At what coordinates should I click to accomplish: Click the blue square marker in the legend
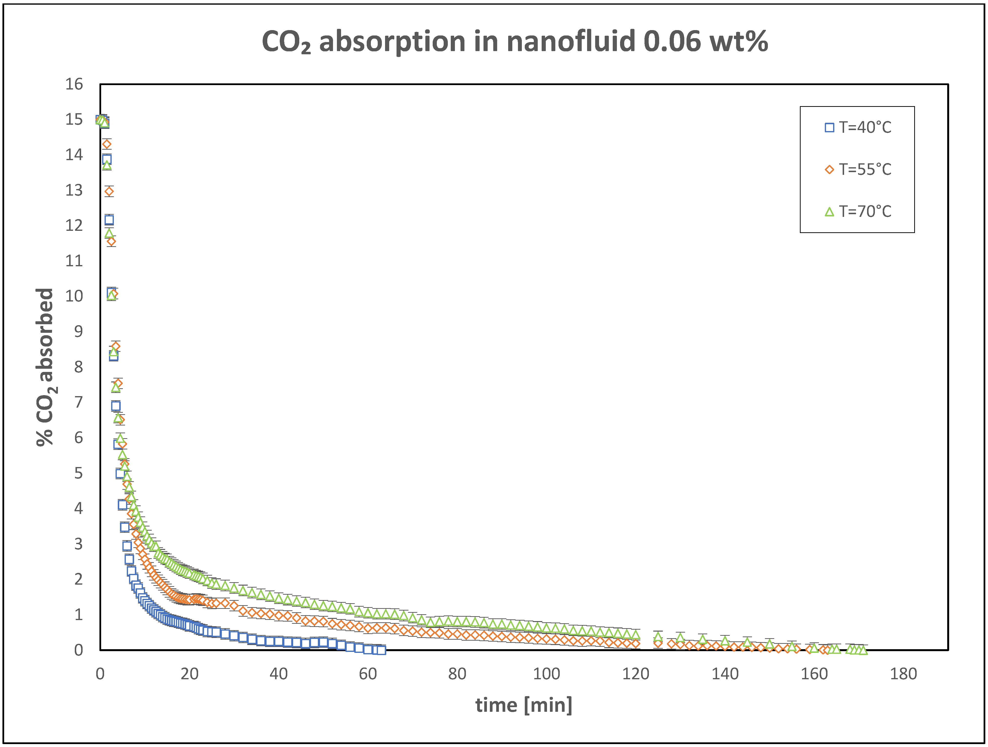point(829,127)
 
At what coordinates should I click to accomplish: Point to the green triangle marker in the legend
point(829,212)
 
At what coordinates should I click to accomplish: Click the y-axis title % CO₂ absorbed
point(45,367)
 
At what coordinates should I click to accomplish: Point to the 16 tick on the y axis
point(74,84)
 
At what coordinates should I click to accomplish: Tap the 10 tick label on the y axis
point(74,296)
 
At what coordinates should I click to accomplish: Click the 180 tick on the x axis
point(903,674)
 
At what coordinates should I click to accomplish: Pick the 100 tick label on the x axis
point(546,674)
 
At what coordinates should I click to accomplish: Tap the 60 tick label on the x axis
point(368,674)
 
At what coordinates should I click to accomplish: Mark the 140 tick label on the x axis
point(725,674)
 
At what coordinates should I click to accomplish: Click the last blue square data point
point(381,650)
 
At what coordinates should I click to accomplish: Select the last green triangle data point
point(863,650)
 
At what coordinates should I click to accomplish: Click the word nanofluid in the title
point(570,42)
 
